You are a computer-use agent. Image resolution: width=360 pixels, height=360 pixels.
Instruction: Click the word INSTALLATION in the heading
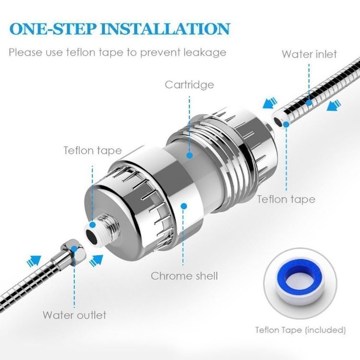pyautogui.click(x=165, y=29)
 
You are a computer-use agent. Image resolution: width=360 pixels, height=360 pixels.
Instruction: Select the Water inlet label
pyautogui.click(x=309, y=54)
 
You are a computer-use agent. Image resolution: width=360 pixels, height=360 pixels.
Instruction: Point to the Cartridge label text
pyautogui.click(x=190, y=84)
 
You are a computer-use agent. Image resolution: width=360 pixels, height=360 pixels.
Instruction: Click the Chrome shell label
pyautogui.click(x=184, y=276)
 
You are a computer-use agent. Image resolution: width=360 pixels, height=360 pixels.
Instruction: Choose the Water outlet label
pyautogui.click(x=74, y=315)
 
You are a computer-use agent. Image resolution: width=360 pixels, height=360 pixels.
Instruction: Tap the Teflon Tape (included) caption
pyautogui.click(x=300, y=330)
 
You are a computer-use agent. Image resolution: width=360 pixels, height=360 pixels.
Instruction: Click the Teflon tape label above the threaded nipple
pyautogui.click(x=93, y=151)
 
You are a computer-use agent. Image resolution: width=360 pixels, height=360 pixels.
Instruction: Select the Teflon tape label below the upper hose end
pyautogui.click(x=286, y=199)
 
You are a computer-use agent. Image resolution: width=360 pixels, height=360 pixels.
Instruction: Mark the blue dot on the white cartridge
pyautogui.click(x=190, y=156)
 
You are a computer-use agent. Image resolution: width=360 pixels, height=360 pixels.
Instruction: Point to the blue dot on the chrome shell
pyautogui.click(x=183, y=206)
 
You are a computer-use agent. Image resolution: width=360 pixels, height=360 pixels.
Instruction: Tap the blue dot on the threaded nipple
pyautogui.click(x=92, y=225)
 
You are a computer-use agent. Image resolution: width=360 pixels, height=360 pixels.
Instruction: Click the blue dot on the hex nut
pyautogui.click(x=74, y=249)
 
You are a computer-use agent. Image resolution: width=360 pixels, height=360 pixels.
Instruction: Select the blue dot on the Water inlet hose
pyautogui.click(x=309, y=102)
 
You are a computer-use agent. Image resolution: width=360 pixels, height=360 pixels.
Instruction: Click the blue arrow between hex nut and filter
pyautogui.click(x=96, y=260)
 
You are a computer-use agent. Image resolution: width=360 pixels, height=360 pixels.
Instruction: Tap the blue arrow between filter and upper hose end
pyautogui.click(x=270, y=103)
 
